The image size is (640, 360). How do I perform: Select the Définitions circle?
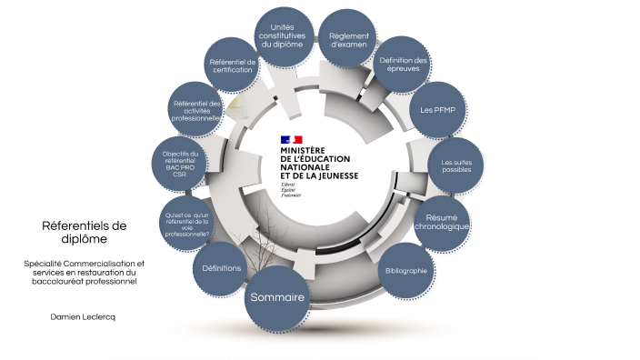(x=221, y=268)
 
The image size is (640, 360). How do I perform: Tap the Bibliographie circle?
(x=405, y=270)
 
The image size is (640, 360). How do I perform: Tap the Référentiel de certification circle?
(x=232, y=66)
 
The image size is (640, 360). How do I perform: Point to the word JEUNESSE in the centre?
(x=337, y=175)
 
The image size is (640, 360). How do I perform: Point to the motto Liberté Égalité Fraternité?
(x=291, y=189)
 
